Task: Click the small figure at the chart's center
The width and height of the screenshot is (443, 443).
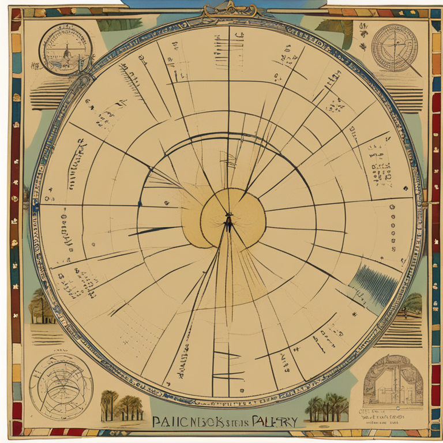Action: point(228,223)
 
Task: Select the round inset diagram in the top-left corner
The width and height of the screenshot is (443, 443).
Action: point(65,48)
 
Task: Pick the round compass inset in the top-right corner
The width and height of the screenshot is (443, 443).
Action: point(395,47)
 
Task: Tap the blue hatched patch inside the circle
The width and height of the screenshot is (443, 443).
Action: point(374,283)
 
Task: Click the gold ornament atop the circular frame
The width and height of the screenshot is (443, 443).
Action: point(229,10)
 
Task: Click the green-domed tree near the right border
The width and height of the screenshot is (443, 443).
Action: point(412,303)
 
